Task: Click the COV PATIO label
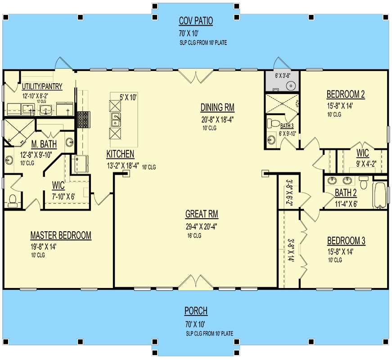coord(196,21)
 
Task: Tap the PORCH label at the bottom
coord(196,311)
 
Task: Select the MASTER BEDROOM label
coord(61,235)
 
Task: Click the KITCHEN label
coord(120,154)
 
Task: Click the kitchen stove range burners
coord(84,118)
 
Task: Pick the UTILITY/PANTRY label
coord(42,86)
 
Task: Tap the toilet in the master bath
coord(12,200)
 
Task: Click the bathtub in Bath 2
coord(380,195)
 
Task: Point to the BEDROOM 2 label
coord(345,94)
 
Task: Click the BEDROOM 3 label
coord(346,241)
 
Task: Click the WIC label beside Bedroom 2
coord(363,153)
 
